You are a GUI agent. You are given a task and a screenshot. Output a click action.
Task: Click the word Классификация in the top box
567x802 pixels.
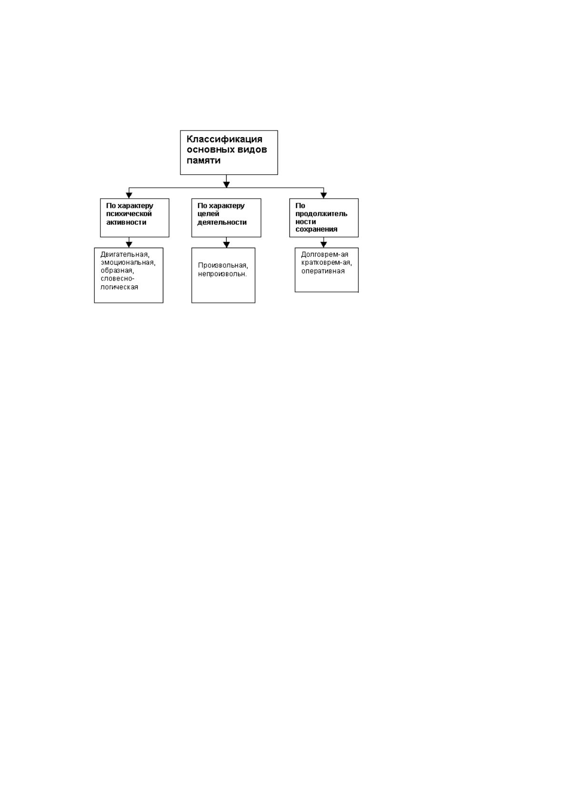click(x=224, y=139)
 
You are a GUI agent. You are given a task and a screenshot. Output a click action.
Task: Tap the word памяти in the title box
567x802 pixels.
click(x=203, y=160)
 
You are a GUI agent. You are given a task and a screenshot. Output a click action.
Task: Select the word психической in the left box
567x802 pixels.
click(x=129, y=214)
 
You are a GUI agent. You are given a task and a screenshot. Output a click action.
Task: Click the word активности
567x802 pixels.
click(x=126, y=222)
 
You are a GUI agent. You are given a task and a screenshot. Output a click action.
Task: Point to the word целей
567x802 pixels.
click(x=209, y=214)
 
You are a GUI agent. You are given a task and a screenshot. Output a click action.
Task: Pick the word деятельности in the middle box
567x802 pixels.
click(x=222, y=222)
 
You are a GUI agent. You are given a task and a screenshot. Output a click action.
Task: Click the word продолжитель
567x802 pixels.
click(x=321, y=214)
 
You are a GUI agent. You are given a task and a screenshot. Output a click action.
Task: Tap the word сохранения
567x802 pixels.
click(x=316, y=230)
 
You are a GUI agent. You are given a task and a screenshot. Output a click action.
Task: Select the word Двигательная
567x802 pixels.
click(x=125, y=255)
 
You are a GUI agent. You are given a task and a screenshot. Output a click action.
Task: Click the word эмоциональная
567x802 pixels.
click(x=128, y=263)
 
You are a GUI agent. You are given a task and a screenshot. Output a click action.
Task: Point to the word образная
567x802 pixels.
click(x=117, y=271)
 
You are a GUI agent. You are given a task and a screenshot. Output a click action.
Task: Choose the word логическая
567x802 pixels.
click(x=119, y=287)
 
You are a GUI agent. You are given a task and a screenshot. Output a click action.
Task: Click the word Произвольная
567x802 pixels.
click(x=223, y=266)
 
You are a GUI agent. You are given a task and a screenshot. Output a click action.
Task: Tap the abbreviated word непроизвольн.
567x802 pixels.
click(x=222, y=274)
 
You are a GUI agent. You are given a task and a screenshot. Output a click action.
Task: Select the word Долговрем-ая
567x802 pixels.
click(x=325, y=255)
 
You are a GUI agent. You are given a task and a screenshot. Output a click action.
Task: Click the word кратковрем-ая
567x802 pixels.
click(x=327, y=263)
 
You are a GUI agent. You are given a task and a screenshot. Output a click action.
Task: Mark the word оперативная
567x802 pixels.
click(x=323, y=271)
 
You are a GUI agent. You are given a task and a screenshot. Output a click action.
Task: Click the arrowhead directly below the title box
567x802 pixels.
click(x=226, y=184)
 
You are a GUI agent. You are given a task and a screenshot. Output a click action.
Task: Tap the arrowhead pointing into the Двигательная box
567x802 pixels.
click(x=129, y=244)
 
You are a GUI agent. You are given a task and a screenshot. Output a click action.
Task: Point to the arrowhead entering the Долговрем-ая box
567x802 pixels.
click(x=324, y=244)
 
